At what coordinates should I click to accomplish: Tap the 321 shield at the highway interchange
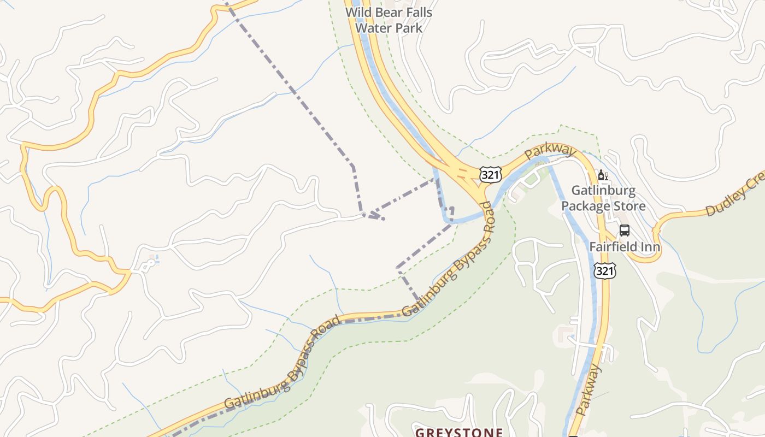tap(490, 175)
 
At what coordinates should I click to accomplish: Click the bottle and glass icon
tap(603, 175)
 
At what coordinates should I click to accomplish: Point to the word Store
tap(629, 206)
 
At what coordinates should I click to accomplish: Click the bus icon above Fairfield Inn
tap(624, 231)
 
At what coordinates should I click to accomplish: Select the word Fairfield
tap(613, 247)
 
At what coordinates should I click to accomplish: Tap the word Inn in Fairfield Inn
tap(650, 247)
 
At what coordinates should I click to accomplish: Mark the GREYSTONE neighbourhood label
tap(459, 432)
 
